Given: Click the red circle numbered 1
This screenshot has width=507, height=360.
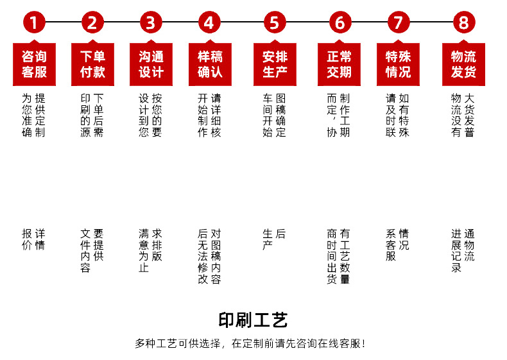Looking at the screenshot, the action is coord(34,23).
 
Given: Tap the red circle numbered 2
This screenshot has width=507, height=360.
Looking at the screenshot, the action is coord(92,23).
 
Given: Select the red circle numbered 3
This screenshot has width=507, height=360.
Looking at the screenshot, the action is coord(151,23).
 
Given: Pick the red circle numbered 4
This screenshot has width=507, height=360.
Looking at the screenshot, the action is coord(209,23).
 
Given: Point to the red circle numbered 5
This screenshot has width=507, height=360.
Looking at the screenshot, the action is coord(275,23).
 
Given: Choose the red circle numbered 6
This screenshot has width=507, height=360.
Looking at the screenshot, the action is coord(339,23).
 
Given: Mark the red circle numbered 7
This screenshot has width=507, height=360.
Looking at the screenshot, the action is coord(398,23).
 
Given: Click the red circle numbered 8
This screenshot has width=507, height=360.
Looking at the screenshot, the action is coord(463,23).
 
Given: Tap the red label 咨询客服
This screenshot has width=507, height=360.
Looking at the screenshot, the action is coord(34,64).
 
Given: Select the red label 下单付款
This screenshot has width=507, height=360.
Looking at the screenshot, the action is coord(92,64).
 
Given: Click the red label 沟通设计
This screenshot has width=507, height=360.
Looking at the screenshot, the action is coord(151,64).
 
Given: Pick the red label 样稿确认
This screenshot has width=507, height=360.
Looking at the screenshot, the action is coord(209,64).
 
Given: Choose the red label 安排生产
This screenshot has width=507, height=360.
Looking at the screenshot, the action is coord(275,64).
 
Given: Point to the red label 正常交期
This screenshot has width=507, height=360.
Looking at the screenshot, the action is coord(339,64).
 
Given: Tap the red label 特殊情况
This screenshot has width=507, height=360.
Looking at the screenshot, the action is coord(398,64).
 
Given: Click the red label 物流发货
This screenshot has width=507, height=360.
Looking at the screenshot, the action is coord(463,64).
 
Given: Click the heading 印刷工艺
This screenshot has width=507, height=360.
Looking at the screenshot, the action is coord(253,320).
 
